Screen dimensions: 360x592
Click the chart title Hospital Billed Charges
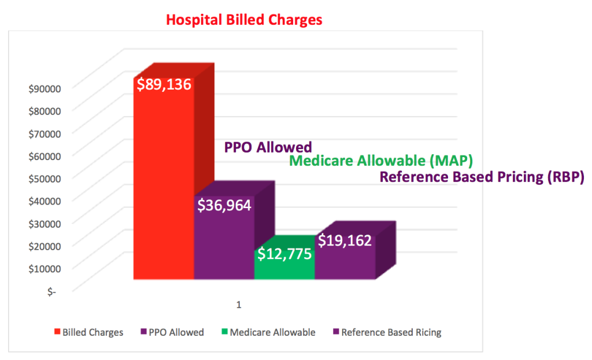click(x=244, y=20)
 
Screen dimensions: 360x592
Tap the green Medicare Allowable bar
click(x=284, y=269)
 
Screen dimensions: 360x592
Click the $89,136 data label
click(x=164, y=84)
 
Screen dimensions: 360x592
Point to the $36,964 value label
click(x=224, y=205)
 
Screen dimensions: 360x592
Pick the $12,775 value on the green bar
click(x=284, y=254)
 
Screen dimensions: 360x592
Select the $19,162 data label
click(x=345, y=241)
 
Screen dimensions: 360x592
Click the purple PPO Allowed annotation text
click(x=268, y=147)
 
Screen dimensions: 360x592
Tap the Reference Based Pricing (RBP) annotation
click(x=482, y=177)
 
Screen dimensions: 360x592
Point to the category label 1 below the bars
click(x=238, y=305)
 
